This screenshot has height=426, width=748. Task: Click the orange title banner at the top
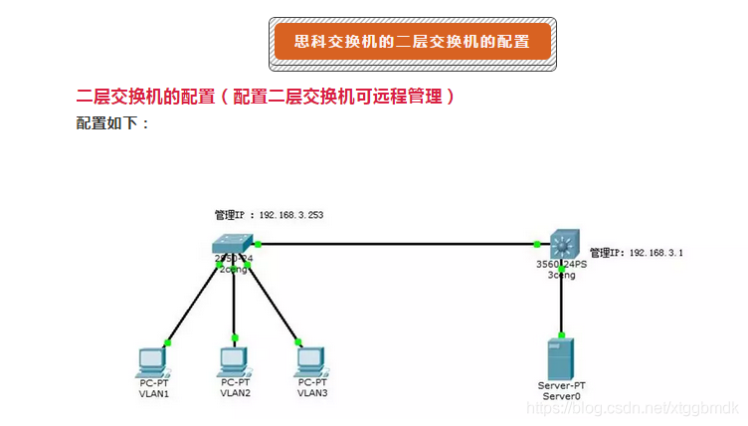[413, 43]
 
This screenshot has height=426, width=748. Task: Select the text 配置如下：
[112, 123]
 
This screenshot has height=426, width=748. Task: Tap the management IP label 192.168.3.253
[269, 214]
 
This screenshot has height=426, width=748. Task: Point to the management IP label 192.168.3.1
[636, 254]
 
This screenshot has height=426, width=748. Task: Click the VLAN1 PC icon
[153, 360]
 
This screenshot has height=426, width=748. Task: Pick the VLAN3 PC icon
[311, 360]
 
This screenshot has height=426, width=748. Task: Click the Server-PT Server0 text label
[561, 390]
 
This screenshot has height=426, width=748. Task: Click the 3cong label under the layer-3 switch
[561, 275]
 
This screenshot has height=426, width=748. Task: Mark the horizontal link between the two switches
[398, 244]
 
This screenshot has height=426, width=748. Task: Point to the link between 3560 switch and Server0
[562, 304]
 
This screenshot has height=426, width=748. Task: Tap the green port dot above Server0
[562, 334]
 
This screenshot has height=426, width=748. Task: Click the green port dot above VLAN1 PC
[168, 342]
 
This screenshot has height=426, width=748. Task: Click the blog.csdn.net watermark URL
[632, 409]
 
